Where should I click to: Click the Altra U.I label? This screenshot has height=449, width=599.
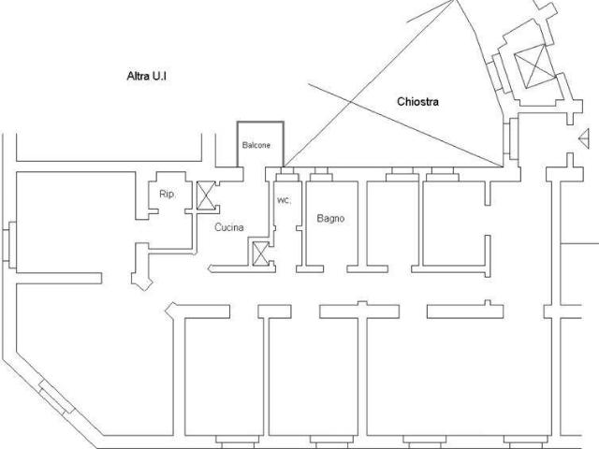tap(147, 76)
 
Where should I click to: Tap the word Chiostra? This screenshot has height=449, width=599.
tap(417, 102)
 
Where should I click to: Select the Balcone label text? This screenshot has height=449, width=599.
tap(256, 145)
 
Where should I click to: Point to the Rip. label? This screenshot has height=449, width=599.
tap(168, 195)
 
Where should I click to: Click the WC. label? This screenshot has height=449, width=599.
tap(284, 201)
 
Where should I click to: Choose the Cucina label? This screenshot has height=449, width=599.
tap(229, 227)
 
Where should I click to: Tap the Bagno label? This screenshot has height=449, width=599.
tap(330, 218)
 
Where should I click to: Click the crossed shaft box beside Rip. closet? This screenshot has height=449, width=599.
tap(206, 196)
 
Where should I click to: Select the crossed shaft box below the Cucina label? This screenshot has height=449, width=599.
tap(261, 253)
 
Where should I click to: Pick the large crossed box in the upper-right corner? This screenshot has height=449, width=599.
tap(534, 65)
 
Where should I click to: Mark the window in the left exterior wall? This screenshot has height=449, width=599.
tap(9, 245)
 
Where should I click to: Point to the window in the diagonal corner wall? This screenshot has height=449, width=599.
tap(57, 397)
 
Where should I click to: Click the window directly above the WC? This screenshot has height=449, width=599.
tap(287, 174)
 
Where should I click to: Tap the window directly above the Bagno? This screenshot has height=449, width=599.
tap(321, 174)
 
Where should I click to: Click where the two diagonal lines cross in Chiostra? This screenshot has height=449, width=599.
tap(352, 101)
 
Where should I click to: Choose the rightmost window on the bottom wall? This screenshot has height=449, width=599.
tap(526, 442)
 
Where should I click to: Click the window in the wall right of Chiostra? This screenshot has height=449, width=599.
tap(511, 139)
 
